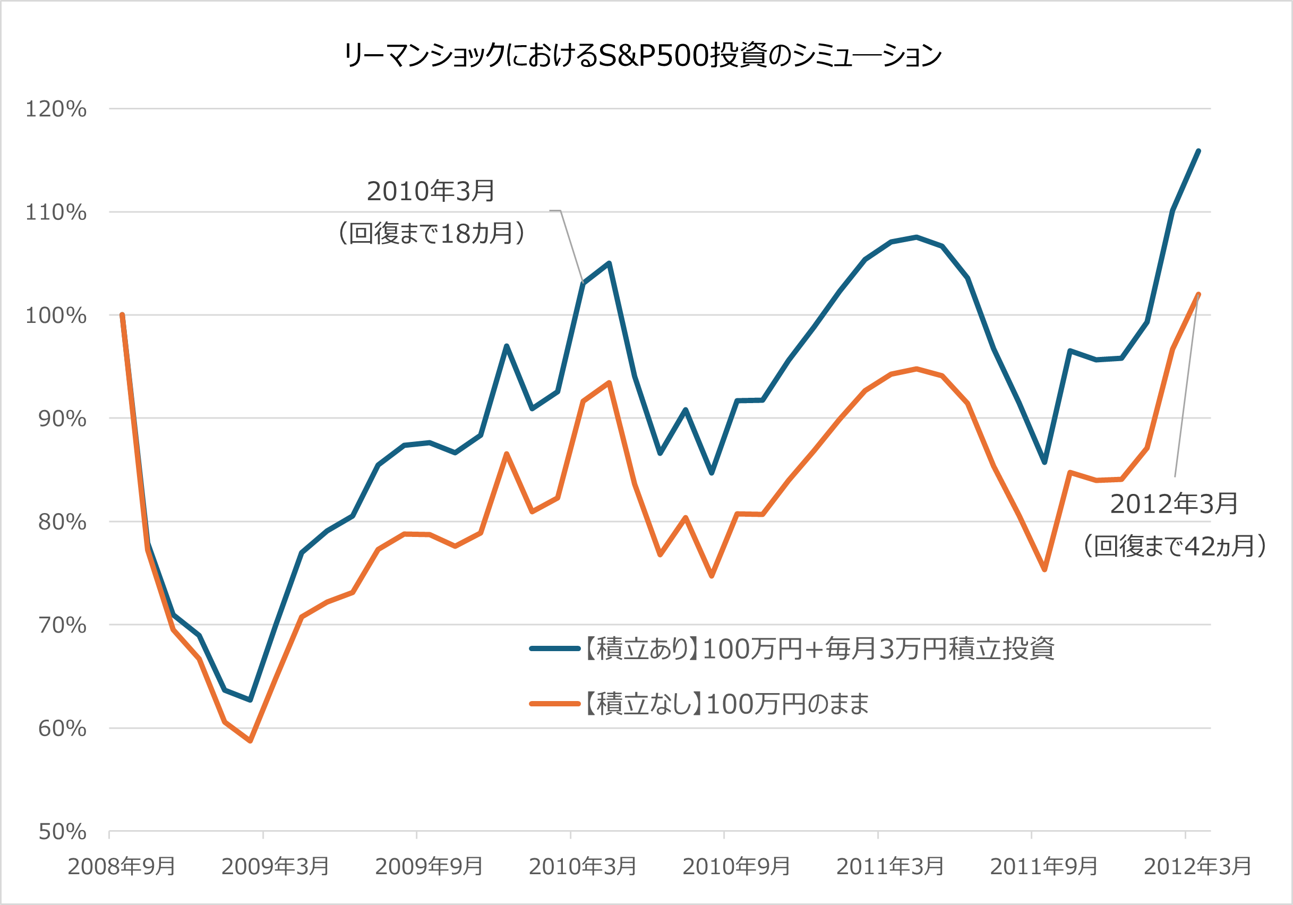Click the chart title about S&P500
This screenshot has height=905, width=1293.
(642, 55)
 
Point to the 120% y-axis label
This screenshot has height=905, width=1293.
(56, 109)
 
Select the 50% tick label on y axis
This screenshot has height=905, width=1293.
(62, 832)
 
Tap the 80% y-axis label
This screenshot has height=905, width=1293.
(62, 522)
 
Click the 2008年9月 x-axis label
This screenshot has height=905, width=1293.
(122, 867)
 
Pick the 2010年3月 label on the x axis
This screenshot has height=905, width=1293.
(583, 867)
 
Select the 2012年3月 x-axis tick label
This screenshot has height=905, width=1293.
(1197, 867)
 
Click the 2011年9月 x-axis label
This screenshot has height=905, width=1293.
(1043, 867)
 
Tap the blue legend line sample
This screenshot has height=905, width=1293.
(554, 649)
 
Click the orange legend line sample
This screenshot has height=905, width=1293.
(554, 704)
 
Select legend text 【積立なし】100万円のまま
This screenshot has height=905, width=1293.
(726, 704)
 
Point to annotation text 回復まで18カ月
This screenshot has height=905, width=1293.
(431, 233)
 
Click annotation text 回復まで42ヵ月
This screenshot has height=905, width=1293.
(1175, 545)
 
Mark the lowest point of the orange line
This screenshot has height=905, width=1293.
(251, 741)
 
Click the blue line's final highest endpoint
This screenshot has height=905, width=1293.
(1198, 151)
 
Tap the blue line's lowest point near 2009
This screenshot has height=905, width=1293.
(251, 700)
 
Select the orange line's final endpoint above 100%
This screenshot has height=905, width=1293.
(1198, 294)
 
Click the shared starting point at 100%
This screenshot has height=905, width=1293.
(122, 315)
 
